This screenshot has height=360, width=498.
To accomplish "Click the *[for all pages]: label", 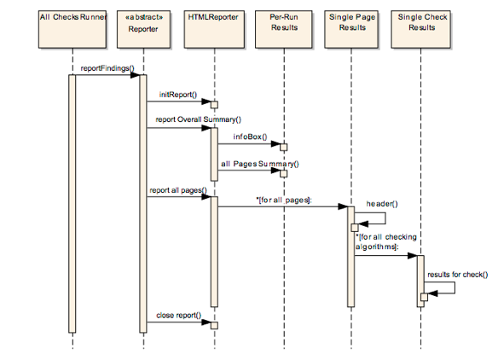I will [x=283, y=199].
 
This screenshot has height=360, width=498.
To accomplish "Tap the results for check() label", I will [x=457, y=274].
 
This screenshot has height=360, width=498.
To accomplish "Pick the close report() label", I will [x=177, y=316].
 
